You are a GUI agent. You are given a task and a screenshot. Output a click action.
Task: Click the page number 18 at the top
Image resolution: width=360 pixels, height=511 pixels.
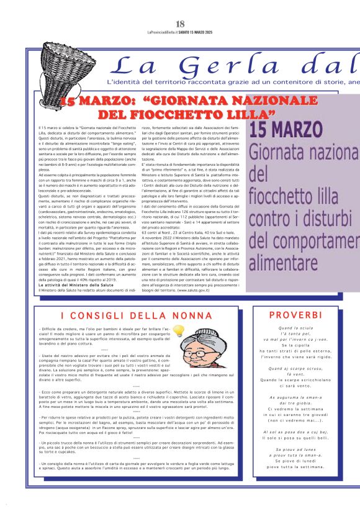(x=180, y=24)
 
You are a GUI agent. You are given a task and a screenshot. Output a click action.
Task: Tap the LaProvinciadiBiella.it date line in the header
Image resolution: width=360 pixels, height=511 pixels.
(x=180, y=33)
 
